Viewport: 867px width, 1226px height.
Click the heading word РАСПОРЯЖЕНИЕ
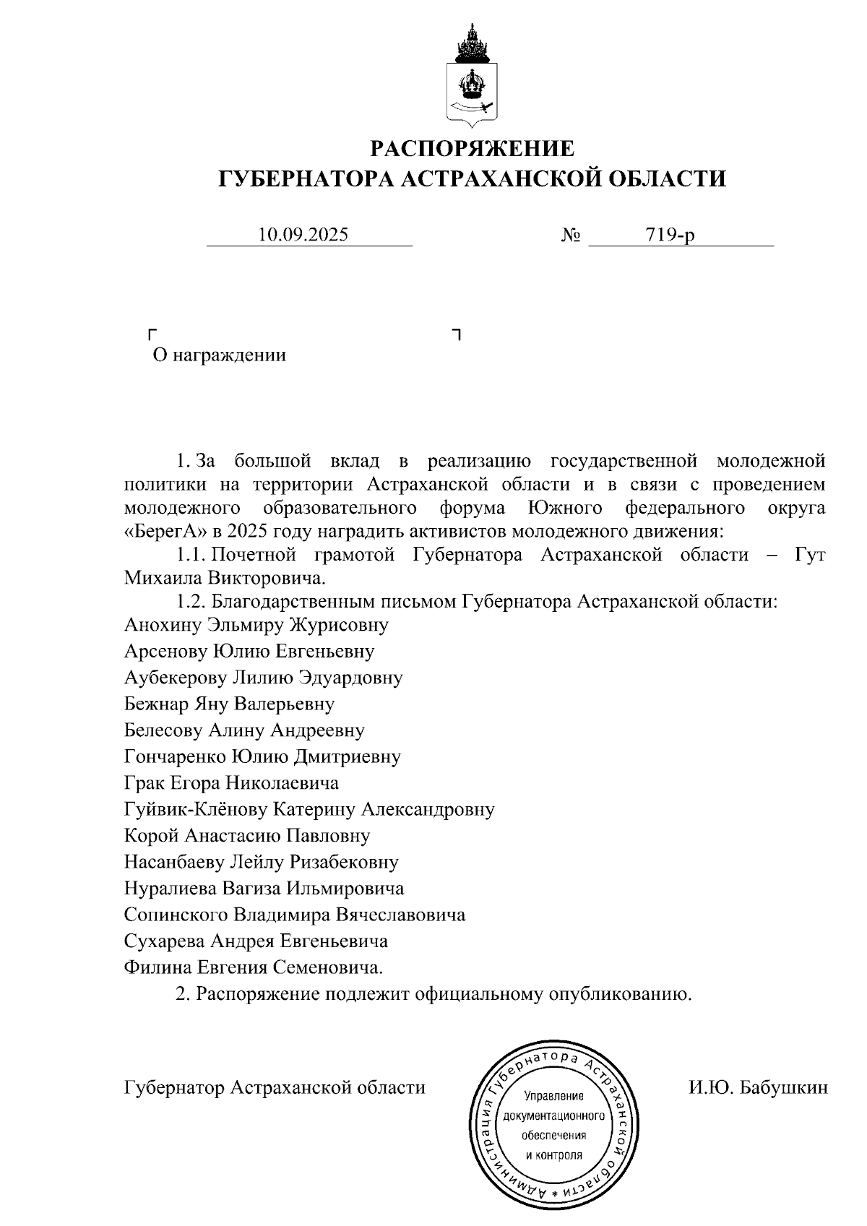pos(473,149)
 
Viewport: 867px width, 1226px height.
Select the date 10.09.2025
pos(303,235)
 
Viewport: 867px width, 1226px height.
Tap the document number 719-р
pos(671,235)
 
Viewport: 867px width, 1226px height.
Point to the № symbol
pos(571,236)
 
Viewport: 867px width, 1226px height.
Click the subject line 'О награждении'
pos(219,355)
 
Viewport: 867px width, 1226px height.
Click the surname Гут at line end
pos(809,555)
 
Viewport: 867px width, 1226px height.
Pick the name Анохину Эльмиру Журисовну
pos(256,625)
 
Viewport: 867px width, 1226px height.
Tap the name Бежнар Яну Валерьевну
pos(229,704)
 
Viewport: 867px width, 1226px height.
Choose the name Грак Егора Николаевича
pos(231,783)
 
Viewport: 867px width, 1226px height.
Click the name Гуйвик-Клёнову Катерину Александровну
pos(309,809)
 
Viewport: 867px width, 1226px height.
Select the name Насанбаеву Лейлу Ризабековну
pos(261,862)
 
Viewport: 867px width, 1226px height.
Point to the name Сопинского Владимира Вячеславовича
pos(294,915)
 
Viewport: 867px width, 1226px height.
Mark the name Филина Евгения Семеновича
pos(253,968)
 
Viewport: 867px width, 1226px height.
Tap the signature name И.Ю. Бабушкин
pos(758,1087)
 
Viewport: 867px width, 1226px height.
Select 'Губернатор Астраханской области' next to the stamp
pos(275,1087)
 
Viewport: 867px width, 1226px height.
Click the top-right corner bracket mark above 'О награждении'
pos(456,333)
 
